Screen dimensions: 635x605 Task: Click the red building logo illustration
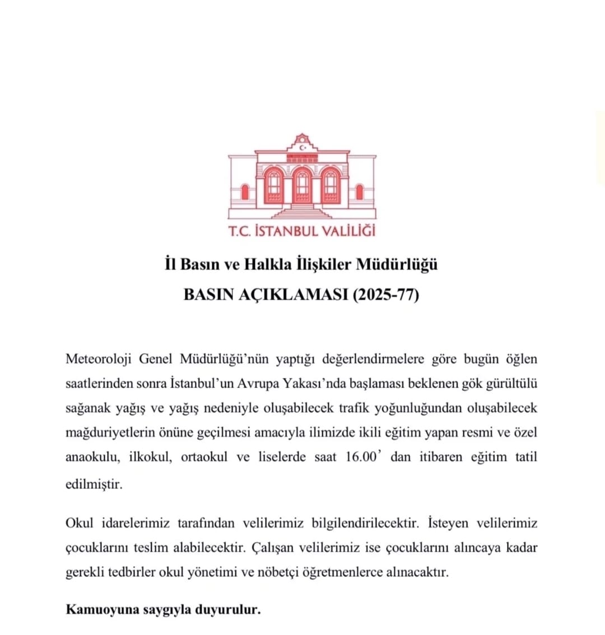tap(302, 176)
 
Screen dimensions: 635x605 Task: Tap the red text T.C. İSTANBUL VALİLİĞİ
tap(302, 231)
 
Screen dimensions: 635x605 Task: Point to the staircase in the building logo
tap(302, 212)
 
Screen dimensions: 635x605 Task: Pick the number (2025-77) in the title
tap(385, 295)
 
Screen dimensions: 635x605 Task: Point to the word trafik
tap(357, 408)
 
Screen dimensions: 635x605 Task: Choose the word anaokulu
tap(92, 456)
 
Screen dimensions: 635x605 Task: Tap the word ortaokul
tap(204, 456)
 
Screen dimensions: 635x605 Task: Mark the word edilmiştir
tap(94, 483)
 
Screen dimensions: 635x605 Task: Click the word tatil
tap(525, 456)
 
